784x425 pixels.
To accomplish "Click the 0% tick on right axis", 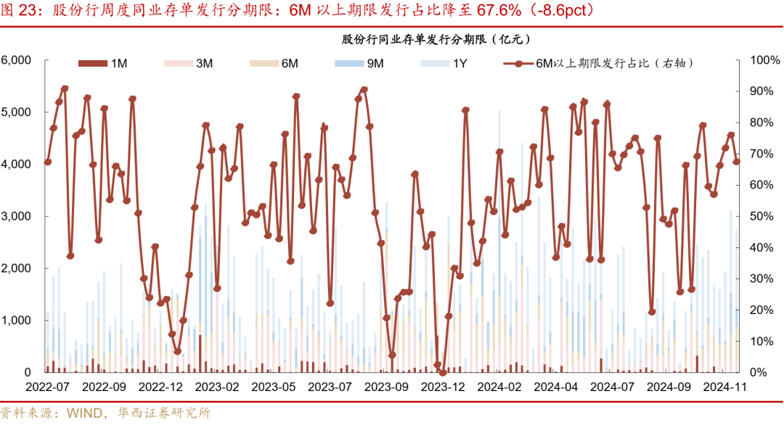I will tap(758, 373).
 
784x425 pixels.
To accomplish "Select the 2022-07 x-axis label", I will tap(47, 387).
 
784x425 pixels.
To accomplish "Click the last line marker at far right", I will tap(737, 162).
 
